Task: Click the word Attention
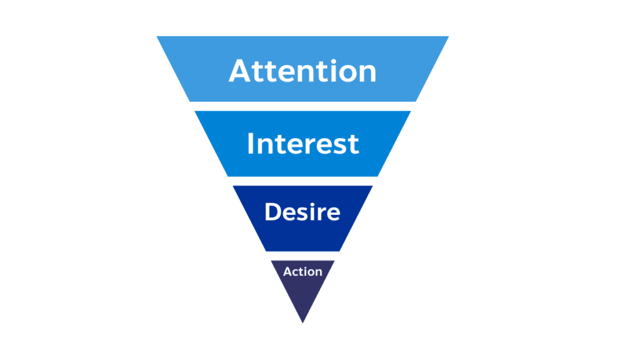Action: [x=302, y=71]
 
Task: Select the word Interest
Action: [x=302, y=144]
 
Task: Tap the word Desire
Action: [x=302, y=212]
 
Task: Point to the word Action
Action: [x=302, y=272]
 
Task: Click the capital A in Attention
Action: [x=240, y=71]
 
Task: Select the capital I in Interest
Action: [x=251, y=144]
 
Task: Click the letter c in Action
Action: [x=296, y=272]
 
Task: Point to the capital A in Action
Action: [x=287, y=272]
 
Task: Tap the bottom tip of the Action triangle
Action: [x=302, y=322]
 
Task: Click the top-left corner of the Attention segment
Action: [x=157, y=37]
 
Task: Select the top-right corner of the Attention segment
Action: [x=447, y=37]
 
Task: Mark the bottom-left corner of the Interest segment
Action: [x=227, y=176]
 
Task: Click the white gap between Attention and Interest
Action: [x=302, y=106]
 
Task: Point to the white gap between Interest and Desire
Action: [x=302, y=181]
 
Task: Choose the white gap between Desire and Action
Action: [x=302, y=256]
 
